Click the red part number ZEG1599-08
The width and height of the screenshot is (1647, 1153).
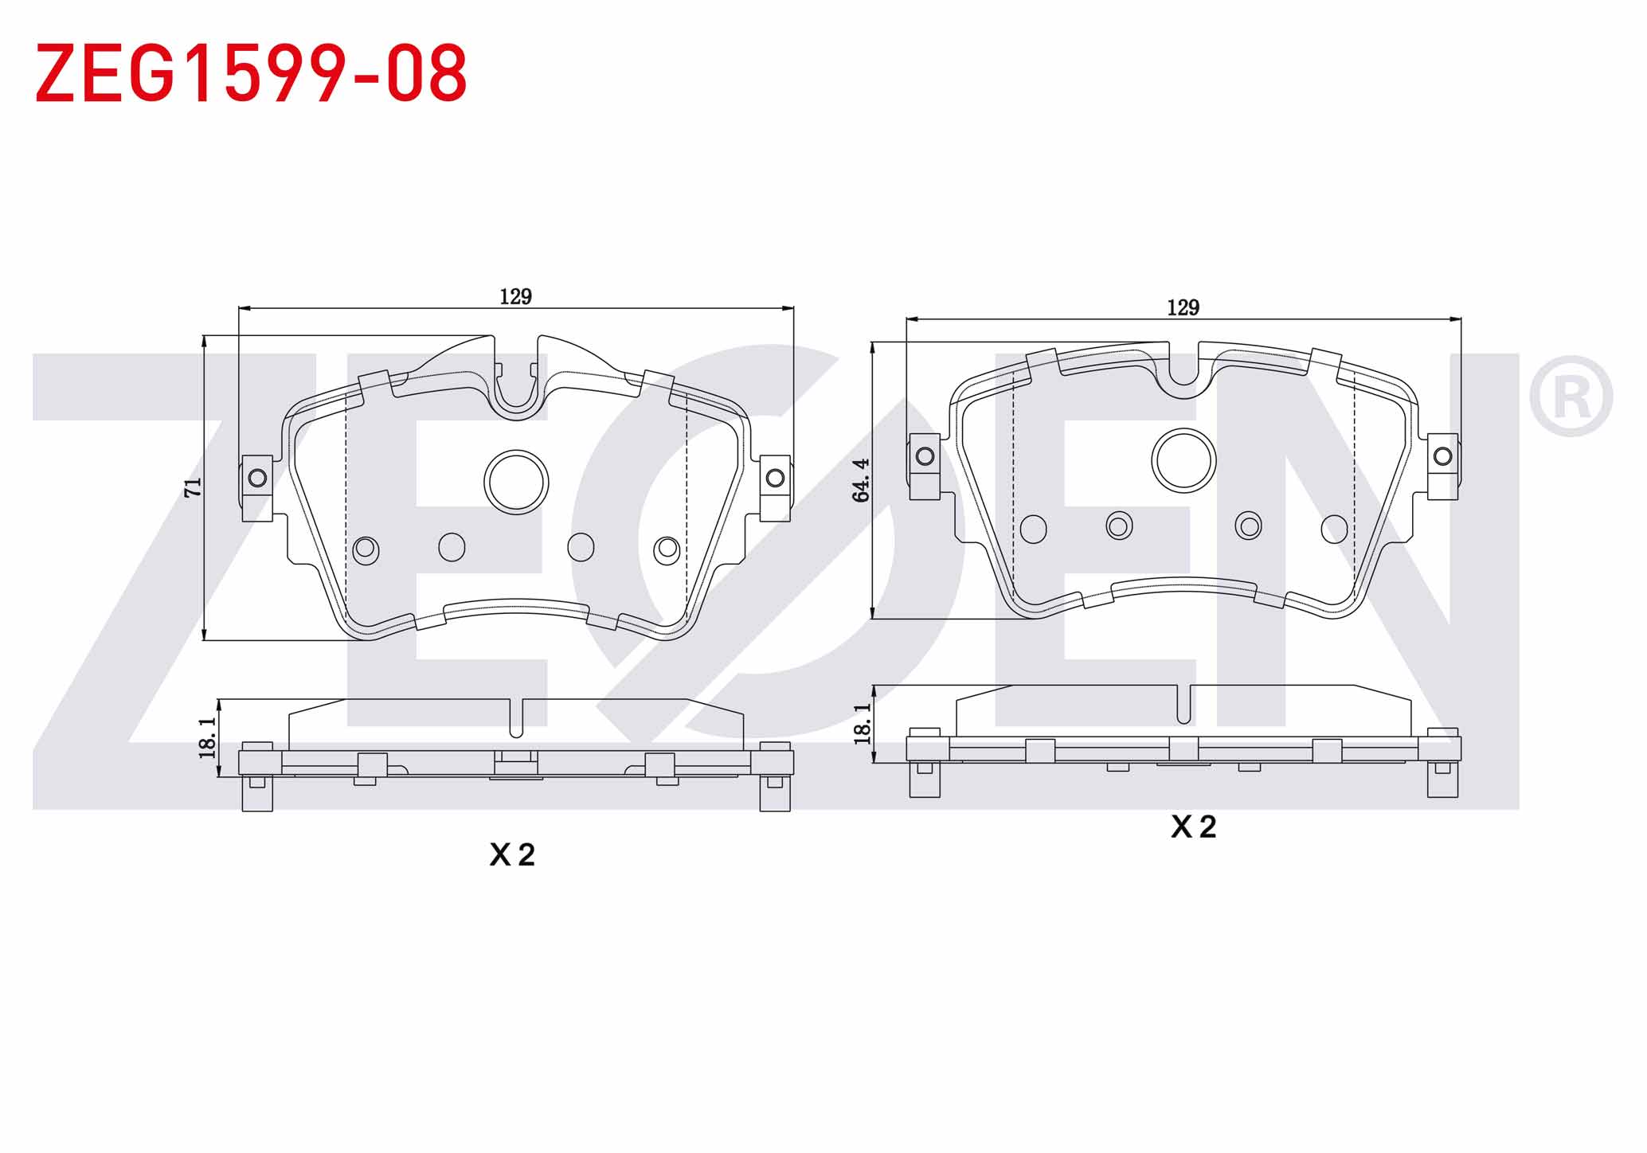pyautogui.click(x=251, y=73)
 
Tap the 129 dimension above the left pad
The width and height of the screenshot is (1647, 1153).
pyautogui.click(x=515, y=297)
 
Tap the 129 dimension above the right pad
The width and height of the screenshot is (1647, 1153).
pyautogui.click(x=1183, y=307)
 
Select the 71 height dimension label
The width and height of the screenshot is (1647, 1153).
pyautogui.click(x=194, y=487)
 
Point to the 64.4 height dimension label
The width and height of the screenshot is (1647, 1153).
pyautogui.click(x=861, y=480)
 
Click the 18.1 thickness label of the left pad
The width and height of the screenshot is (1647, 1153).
pyautogui.click(x=207, y=737)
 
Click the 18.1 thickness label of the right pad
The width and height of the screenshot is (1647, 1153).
pyautogui.click(x=863, y=724)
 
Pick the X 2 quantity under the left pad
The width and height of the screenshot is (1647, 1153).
pyautogui.click(x=512, y=855)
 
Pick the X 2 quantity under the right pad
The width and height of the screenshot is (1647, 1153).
pyautogui.click(x=1193, y=827)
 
